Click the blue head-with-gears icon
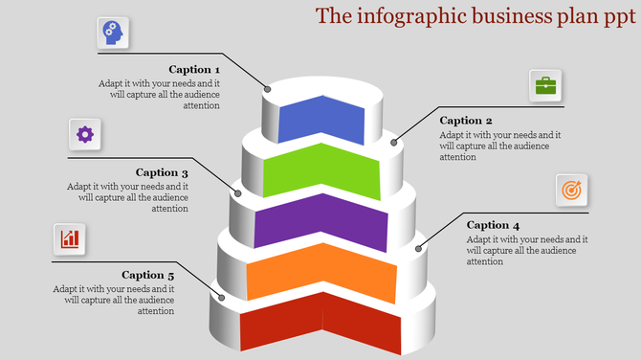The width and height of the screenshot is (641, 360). pyautogui.click(x=113, y=34)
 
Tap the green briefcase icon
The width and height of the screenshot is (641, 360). pyautogui.click(x=545, y=85)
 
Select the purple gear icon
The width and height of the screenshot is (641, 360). pyautogui.click(x=84, y=134)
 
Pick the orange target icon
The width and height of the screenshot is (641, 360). pyautogui.click(x=571, y=191)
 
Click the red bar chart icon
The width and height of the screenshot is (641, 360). pyautogui.click(x=70, y=238)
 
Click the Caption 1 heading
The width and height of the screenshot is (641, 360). pyautogui.click(x=194, y=69)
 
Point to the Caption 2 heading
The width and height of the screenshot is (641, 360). pyautogui.click(x=466, y=121)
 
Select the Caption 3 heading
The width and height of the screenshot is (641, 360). pyautogui.click(x=162, y=172)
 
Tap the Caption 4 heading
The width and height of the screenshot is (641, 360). pyautogui.click(x=493, y=225)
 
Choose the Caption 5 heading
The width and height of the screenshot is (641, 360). pyautogui.click(x=148, y=275)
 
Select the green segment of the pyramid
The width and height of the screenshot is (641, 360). pyautogui.click(x=321, y=169)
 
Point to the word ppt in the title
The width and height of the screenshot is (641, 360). pyautogui.click(x=619, y=16)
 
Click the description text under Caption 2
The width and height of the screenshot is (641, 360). pyautogui.click(x=499, y=146)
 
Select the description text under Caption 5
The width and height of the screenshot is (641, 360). pyautogui.click(x=115, y=300)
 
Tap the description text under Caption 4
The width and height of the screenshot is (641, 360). pyautogui.click(x=526, y=250)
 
